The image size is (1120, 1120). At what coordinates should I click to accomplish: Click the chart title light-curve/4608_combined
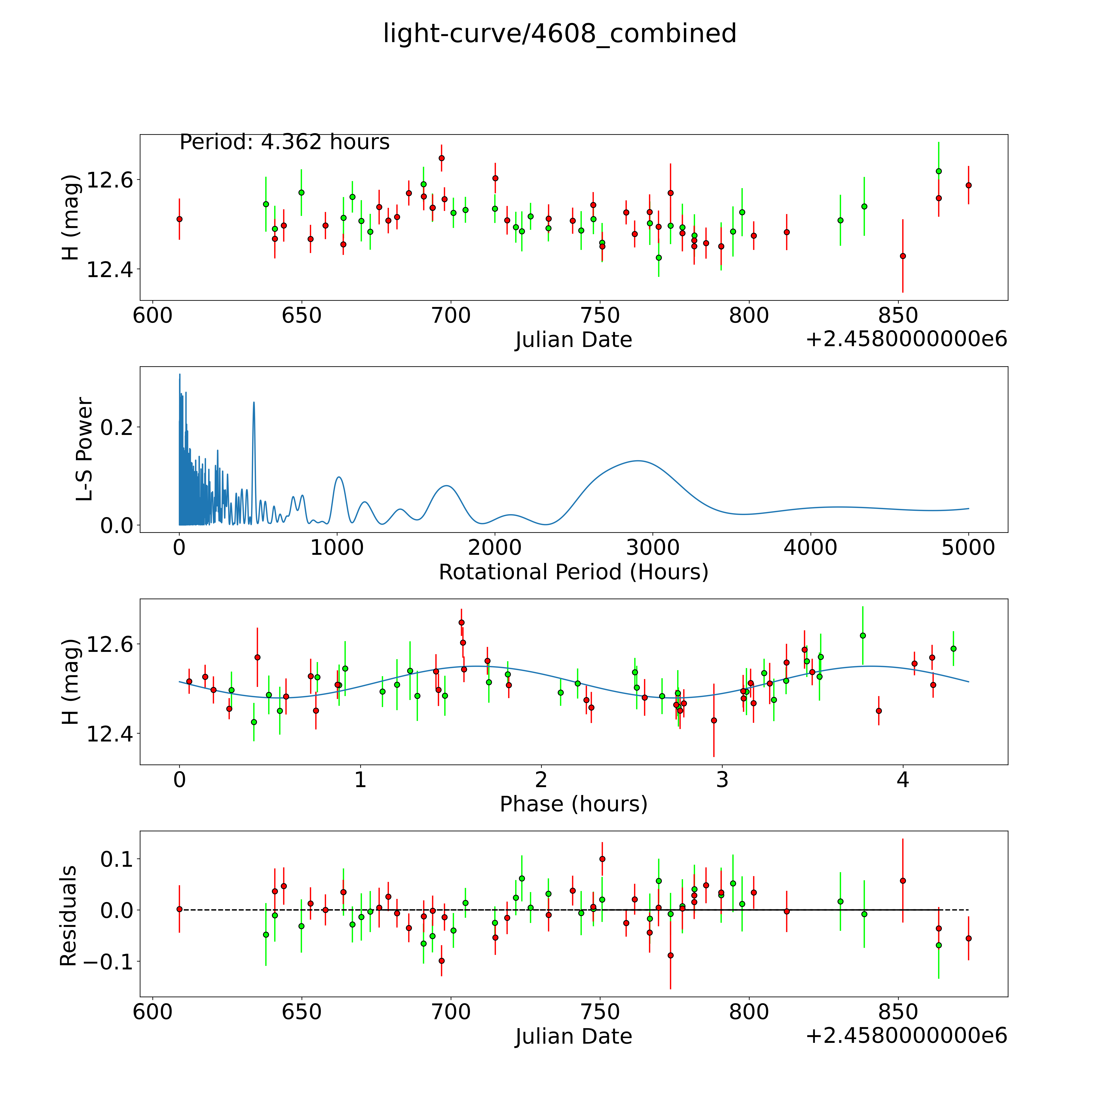click(559, 34)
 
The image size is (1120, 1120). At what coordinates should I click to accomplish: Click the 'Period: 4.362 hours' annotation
click(284, 142)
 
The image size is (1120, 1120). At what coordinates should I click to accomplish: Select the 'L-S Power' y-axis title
click(85, 449)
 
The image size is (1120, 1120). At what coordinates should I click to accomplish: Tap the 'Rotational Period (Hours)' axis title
click(573, 572)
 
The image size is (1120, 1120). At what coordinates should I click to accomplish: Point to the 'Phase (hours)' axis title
click(573, 804)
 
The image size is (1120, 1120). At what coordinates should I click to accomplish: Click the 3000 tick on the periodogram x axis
click(653, 547)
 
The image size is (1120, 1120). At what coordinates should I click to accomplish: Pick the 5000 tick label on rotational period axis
click(968, 547)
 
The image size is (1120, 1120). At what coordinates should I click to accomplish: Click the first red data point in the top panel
click(180, 219)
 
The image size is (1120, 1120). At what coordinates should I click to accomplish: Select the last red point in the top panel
click(968, 185)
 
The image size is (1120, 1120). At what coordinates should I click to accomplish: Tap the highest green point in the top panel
click(939, 171)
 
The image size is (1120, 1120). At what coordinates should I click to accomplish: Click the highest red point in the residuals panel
click(602, 859)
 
